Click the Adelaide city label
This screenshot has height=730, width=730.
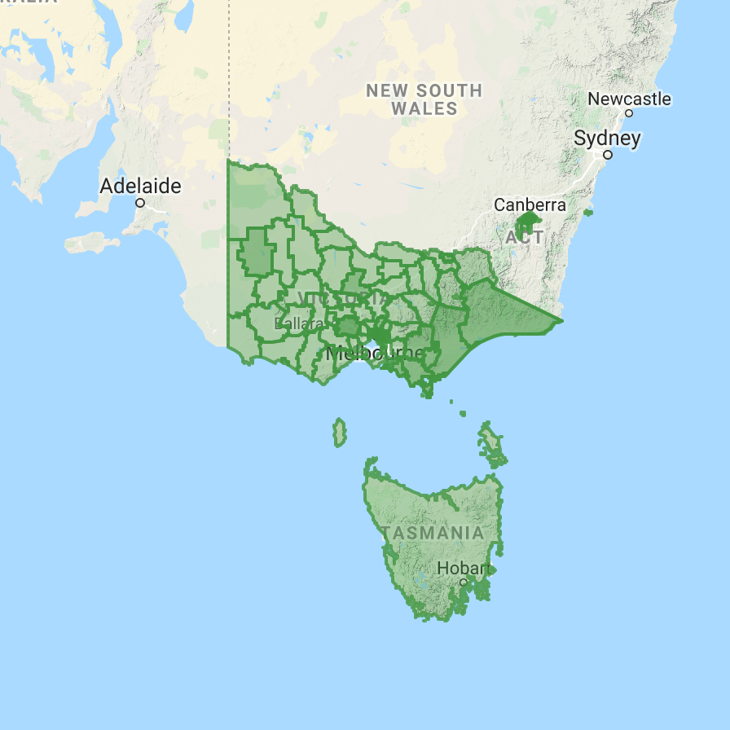point(140,186)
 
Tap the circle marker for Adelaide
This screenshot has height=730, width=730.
point(140,202)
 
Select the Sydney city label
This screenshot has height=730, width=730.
point(607,139)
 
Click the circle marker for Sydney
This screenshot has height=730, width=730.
point(608,154)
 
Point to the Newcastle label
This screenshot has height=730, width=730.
point(629,99)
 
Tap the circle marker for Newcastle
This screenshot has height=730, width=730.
point(629,113)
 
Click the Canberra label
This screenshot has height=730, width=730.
point(530,204)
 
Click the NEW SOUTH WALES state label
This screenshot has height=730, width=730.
point(424,99)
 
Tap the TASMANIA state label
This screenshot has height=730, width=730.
point(433,533)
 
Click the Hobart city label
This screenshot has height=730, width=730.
point(462,568)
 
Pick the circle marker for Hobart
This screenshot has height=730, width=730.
point(463,583)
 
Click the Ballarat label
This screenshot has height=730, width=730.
point(299,324)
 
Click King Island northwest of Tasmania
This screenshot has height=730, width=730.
point(339,433)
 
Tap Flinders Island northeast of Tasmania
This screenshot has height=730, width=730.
point(491,440)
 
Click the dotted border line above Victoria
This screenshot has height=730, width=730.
point(229,81)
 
